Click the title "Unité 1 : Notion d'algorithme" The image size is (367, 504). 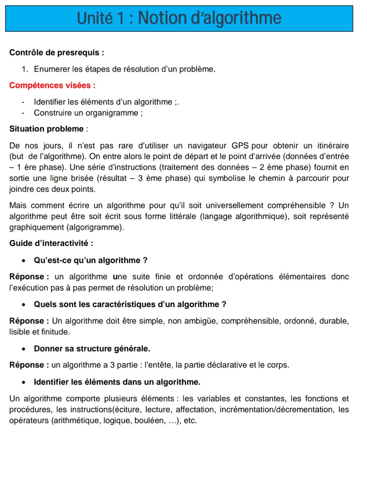[179, 18]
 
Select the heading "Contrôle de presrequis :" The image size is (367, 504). [57, 53]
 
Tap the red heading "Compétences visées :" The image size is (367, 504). [52, 85]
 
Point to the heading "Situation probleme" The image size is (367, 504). [46, 129]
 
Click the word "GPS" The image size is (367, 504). [240, 146]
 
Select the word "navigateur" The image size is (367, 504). [207, 146]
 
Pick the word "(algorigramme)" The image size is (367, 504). [95, 227]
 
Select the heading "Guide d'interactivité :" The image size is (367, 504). [51, 243]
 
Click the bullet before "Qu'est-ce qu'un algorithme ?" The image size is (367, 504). [24, 261]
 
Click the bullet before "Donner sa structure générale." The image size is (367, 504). [24, 349]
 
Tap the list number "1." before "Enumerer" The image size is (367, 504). [25, 69]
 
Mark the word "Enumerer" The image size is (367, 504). [52, 69]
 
